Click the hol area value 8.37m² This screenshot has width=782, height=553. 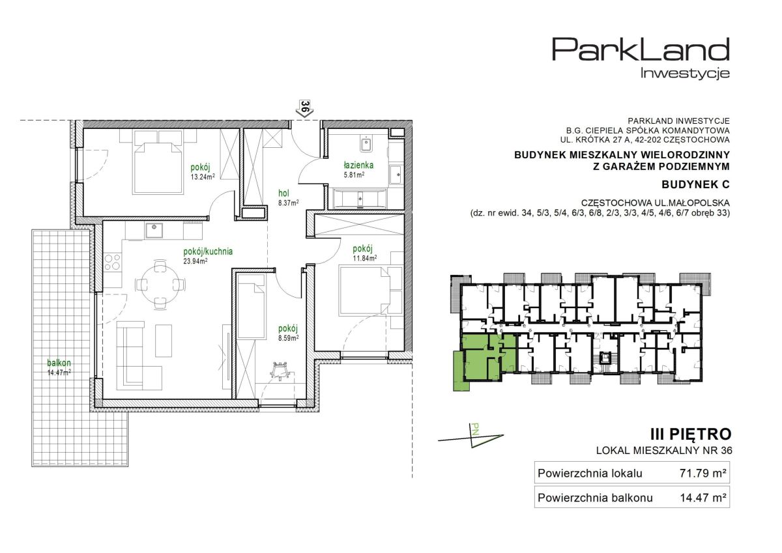coord(288,203)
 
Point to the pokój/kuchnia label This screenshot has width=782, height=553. coord(208,251)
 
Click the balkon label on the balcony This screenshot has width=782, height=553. coord(59,363)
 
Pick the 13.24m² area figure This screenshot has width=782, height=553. coord(203,177)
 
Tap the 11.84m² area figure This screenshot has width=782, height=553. coord(364,258)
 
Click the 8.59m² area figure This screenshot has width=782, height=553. coord(288,338)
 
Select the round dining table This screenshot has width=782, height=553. coord(160,284)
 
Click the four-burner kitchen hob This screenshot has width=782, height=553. coord(113,262)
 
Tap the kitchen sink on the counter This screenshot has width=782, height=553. coord(154,231)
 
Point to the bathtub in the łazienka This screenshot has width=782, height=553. coord(360,199)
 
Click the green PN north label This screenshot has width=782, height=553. coord(475,429)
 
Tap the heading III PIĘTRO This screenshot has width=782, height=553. coord(691,434)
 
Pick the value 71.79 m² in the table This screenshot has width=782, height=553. coord(702,473)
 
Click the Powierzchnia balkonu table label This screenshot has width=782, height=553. coord(595,498)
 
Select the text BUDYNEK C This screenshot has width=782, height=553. coord(695,184)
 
